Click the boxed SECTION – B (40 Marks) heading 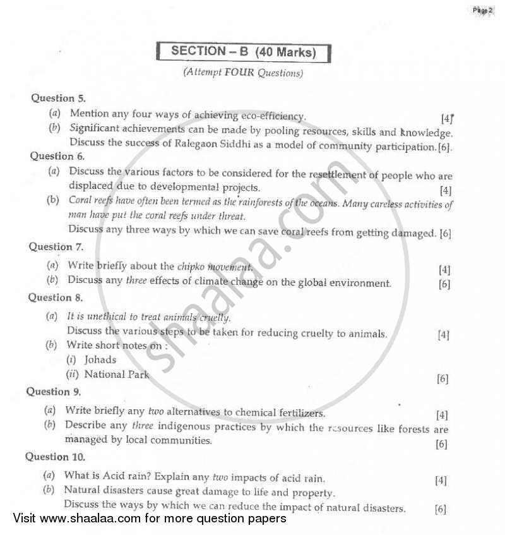pyautogui.click(x=244, y=52)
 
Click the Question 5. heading pyautogui.click(x=59, y=98)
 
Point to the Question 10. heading pyautogui.click(x=55, y=457)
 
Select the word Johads pyautogui.click(x=100, y=359)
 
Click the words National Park pyautogui.click(x=117, y=375)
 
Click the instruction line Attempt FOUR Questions pyautogui.click(x=243, y=73)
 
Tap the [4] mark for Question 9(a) pyautogui.click(x=442, y=415)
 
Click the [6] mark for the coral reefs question pyautogui.click(x=445, y=232)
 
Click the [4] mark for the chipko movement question pyautogui.click(x=444, y=269)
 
